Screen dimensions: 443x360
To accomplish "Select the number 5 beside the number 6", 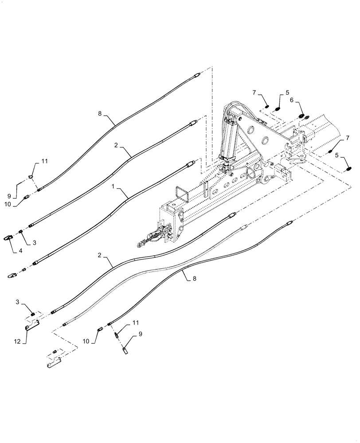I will point(287,93).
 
